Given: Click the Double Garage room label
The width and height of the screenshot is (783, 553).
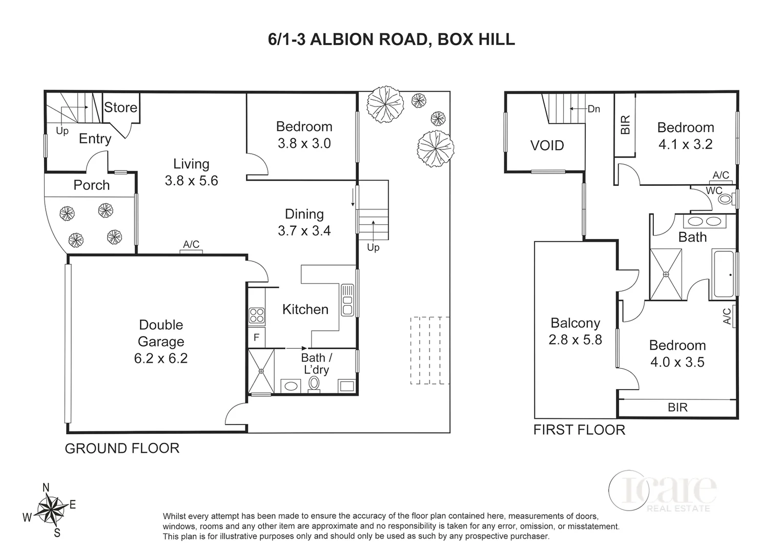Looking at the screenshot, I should (x=161, y=333).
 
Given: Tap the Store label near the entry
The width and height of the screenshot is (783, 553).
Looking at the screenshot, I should (x=120, y=108).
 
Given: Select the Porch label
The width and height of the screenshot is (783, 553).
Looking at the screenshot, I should (x=91, y=185).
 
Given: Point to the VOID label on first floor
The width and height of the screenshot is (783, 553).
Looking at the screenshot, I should (x=547, y=145).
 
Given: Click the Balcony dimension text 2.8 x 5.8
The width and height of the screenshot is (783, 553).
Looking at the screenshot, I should (x=575, y=340).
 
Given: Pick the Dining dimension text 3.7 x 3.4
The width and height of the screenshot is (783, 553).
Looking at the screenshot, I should (x=304, y=231).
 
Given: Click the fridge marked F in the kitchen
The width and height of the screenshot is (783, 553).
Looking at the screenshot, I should (x=256, y=338).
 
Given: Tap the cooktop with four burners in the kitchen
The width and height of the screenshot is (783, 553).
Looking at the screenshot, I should (x=256, y=315).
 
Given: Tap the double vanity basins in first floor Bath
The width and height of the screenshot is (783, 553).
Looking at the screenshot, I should (x=704, y=222).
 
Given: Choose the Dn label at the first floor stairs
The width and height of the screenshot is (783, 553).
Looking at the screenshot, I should (x=593, y=109).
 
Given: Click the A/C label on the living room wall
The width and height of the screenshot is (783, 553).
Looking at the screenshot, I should (x=191, y=245).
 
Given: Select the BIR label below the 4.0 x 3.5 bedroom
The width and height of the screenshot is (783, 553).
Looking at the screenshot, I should (x=677, y=407).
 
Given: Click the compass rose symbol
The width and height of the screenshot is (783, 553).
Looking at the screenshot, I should (x=50, y=509).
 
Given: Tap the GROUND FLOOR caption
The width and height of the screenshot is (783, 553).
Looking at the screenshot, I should (x=122, y=449).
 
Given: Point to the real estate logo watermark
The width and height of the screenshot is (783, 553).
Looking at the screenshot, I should (x=662, y=492).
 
